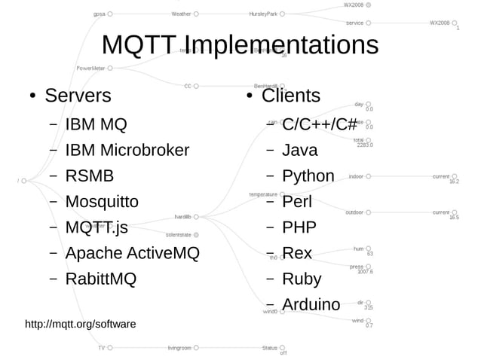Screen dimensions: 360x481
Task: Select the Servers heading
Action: (x=78, y=96)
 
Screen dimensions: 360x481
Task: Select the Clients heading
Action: (x=290, y=96)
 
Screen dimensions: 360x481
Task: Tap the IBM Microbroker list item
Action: (x=127, y=150)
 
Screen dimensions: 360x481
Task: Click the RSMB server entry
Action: (x=89, y=176)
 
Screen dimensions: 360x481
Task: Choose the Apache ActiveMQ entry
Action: (x=132, y=253)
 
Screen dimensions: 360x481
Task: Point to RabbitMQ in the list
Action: (x=100, y=279)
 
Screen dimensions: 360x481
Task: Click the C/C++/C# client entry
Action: (x=320, y=124)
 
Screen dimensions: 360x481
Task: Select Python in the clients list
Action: (x=308, y=176)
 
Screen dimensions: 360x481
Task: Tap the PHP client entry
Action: (x=299, y=227)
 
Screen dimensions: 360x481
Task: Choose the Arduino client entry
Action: (x=311, y=304)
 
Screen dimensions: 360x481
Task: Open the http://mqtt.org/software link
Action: (x=81, y=325)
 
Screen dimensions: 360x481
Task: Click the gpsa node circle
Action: (x=110, y=14)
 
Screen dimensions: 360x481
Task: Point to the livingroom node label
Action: (x=179, y=348)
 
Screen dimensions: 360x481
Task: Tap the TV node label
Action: (x=101, y=348)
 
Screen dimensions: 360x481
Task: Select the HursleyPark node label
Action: (x=262, y=14)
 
